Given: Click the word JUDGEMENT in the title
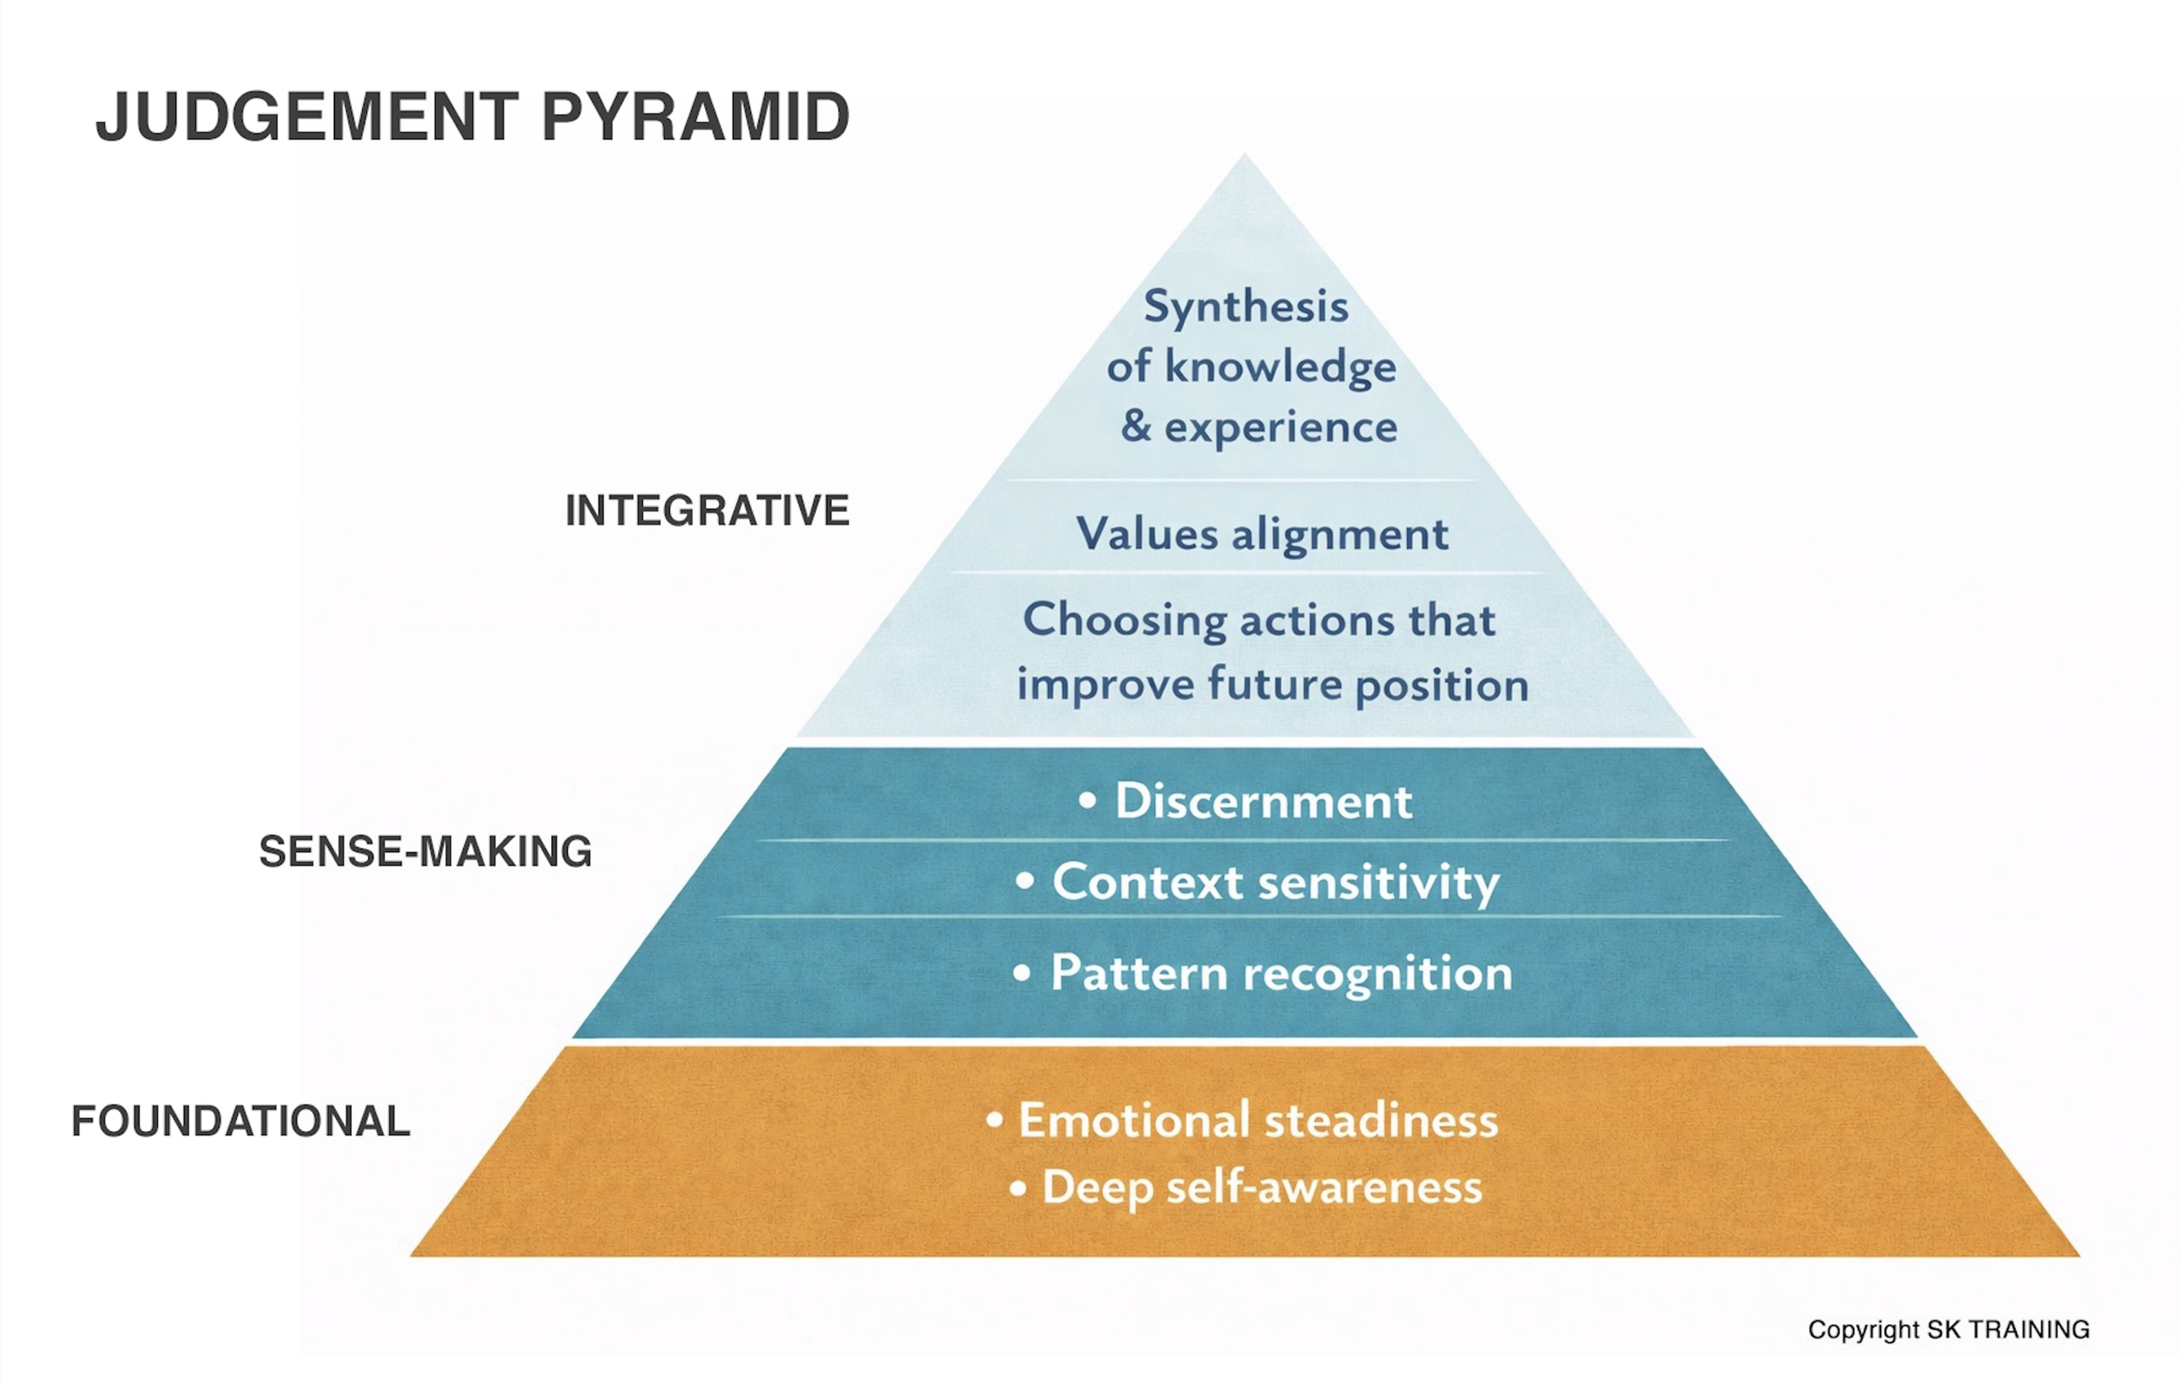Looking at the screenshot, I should [x=306, y=117].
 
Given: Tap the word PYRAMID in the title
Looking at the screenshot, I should [x=694, y=117].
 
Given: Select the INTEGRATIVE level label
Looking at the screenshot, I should [x=707, y=510].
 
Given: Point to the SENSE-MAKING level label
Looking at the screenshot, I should [x=425, y=852].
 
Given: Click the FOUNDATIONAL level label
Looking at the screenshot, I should [x=240, y=1122].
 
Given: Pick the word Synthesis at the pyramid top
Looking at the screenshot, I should [x=1246, y=306].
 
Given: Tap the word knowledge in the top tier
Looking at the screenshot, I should [x=1280, y=368].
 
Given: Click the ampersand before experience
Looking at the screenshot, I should [x=1136, y=426].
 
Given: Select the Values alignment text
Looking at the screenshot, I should [x=1261, y=534].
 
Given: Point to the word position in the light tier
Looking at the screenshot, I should [x=1442, y=686].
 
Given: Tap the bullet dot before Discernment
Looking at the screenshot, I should [x=1088, y=801].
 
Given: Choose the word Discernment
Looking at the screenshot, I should [x=1263, y=801].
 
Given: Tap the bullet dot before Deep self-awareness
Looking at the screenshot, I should [x=1018, y=1187].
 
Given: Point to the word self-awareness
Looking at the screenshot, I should [x=1324, y=1187].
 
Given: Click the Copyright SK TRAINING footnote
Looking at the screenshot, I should [x=1948, y=1330].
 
